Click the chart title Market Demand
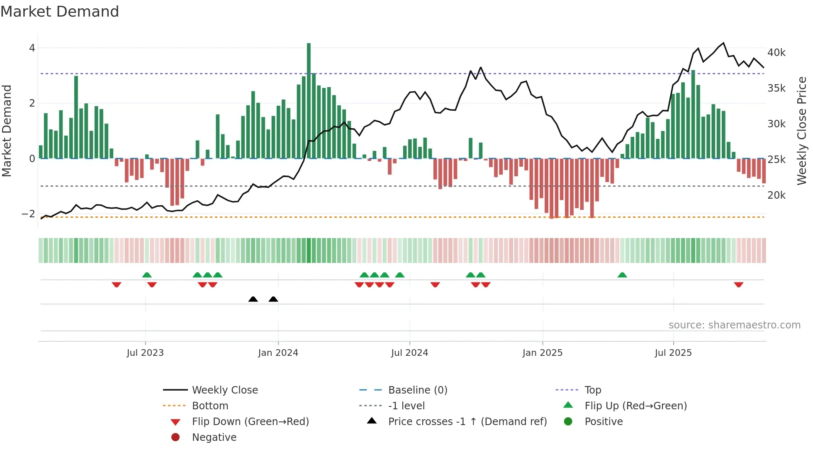coord(60,12)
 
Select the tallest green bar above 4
coord(309,100)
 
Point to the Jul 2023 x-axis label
coord(145,353)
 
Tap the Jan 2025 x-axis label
coord(542,353)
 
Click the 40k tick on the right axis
coord(776,53)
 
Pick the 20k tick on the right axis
coord(776,195)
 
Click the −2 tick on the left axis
coord(28,214)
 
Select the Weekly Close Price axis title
coord(802,131)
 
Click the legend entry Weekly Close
coord(224,390)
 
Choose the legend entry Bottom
coord(210,406)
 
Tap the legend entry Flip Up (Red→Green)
coord(635,406)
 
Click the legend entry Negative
coord(214,438)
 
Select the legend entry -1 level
coord(406,406)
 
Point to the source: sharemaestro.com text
coord(734,325)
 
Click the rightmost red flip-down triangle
coord(738,284)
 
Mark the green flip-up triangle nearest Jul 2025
coord(622,275)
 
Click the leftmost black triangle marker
coord(253,299)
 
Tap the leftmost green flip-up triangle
coord(147,275)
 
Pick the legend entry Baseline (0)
coord(417,390)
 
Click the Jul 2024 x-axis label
coord(409,353)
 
